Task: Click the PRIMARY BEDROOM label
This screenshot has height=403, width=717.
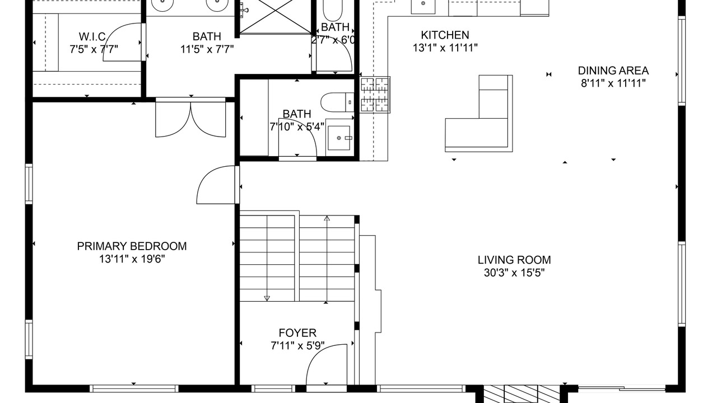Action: pyautogui.click(x=132, y=246)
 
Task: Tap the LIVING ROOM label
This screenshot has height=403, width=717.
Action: pyautogui.click(x=514, y=260)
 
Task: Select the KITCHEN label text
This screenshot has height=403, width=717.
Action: pyautogui.click(x=445, y=35)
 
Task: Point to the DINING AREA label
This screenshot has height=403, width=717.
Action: pyautogui.click(x=613, y=71)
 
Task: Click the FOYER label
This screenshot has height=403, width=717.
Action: pyautogui.click(x=297, y=333)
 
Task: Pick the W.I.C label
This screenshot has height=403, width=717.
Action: pyautogui.click(x=92, y=36)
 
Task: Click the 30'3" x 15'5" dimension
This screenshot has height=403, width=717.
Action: pyautogui.click(x=514, y=273)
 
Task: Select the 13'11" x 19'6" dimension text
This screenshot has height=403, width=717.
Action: pyautogui.click(x=132, y=259)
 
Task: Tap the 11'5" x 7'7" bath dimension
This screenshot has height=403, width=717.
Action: pyautogui.click(x=207, y=49)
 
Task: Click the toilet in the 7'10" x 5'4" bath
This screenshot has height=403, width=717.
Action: pyautogui.click(x=337, y=102)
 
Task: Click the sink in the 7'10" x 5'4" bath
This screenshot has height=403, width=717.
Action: pyautogui.click(x=339, y=138)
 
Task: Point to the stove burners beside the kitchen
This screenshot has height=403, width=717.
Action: pyautogui.click(x=375, y=95)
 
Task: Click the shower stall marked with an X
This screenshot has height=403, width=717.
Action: pyautogui.click(x=275, y=16)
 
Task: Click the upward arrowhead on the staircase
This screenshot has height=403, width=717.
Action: pyautogui.click(x=327, y=218)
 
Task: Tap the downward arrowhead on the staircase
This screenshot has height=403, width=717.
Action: pyautogui.click(x=267, y=298)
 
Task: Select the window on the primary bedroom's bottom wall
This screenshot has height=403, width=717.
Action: pyautogui.click(x=134, y=388)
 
